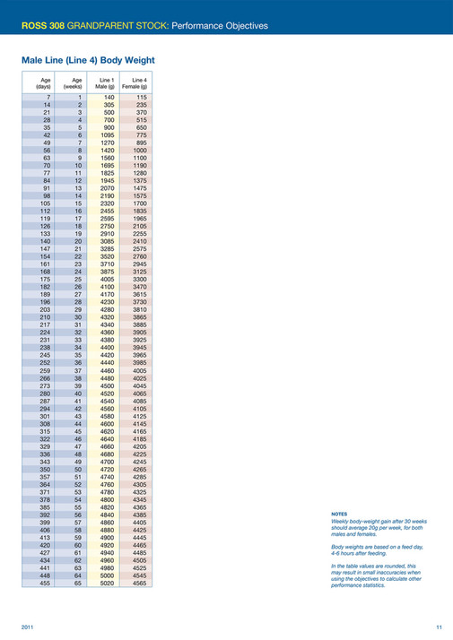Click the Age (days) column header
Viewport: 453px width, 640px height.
coord(43,82)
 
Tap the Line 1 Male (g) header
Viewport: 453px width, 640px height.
coord(108,82)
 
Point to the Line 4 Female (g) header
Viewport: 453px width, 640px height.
coord(138,82)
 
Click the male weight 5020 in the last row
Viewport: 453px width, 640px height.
coord(108,608)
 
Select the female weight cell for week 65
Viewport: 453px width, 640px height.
coord(139,608)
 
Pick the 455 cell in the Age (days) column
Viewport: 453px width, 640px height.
coord(44,608)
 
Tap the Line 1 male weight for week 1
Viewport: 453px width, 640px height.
coord(109,96)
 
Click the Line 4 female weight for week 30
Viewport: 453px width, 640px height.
coord(139,316)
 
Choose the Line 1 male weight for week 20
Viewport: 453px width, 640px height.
coord(108,240)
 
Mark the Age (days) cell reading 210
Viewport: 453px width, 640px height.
coord(44,316)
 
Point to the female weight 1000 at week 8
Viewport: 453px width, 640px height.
coord(139,149)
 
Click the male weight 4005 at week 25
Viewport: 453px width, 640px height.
coord(108,279)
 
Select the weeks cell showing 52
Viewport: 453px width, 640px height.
coord(78,484)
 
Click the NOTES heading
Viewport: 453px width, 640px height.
coord(340,515)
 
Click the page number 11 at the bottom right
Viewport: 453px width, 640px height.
coord(439,626)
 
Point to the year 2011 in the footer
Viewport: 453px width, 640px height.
coord(28,626)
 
